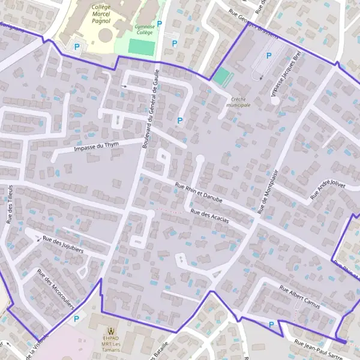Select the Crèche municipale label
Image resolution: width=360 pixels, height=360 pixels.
[238, 101]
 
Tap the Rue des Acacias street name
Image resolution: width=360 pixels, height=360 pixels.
[209, 216]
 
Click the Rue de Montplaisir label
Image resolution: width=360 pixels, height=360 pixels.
[268, 191]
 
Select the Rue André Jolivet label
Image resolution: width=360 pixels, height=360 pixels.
[328, 190]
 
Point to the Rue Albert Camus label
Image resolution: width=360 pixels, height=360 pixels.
[300, 297]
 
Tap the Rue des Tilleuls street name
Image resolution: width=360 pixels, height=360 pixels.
[11, 204]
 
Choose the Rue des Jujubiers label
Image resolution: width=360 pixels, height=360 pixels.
[63, 245]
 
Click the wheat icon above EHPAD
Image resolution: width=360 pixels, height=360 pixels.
[110, 331]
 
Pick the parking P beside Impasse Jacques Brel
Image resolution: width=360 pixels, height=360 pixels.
[269, 55]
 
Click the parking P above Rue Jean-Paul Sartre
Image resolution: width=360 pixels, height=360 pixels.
[272, 325]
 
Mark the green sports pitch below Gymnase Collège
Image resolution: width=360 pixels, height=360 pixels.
[142, 47]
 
